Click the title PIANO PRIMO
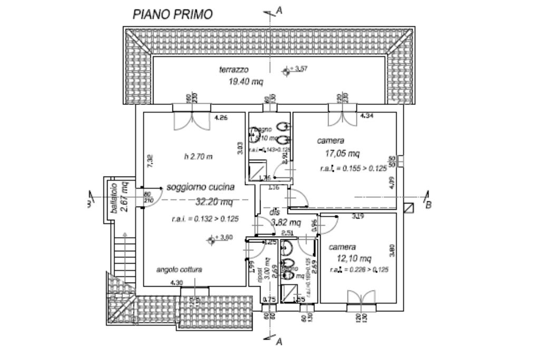point(172,14)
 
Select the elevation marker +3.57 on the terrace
point(294,70)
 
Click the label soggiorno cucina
point(200,187)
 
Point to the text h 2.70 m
point(198,157)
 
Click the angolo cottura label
point(179,269)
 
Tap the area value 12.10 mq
point(354,258)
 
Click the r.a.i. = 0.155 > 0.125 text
point(353,169)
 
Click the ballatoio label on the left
point(112,198)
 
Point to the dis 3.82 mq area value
point(286,222)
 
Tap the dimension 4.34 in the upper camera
point(367,115)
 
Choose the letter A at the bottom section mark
point(279,342)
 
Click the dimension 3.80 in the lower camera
point(392,250)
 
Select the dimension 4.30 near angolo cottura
point(177,283)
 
